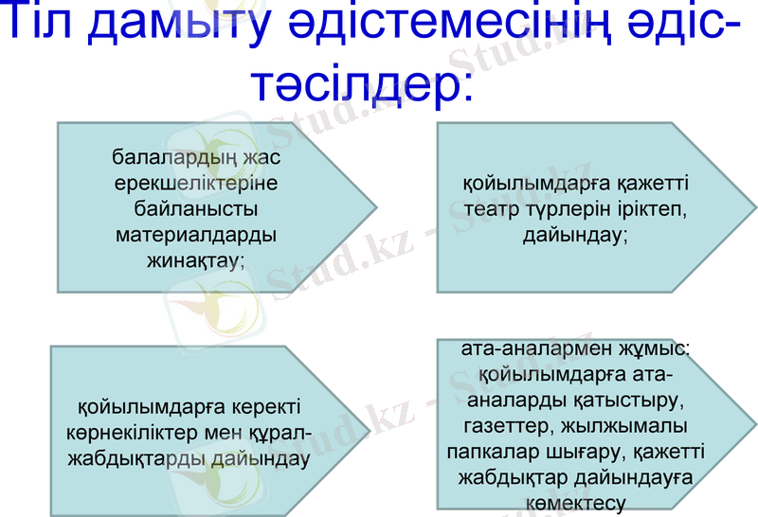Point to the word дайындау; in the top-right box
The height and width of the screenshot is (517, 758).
point(575,234)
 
